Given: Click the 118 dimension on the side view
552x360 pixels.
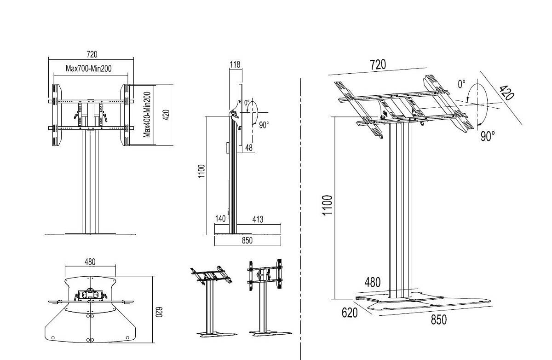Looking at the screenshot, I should pyautogui.click(x=235, y=65).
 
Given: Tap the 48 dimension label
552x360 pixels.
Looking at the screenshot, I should pyautogui.click(x=249, y=147).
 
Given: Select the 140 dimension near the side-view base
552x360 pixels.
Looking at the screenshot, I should pyautogui.click(x=221, y=219).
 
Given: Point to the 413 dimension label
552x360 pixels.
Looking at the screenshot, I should pyautogui.click(x=258, y=219).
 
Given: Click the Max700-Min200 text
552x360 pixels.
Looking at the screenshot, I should pyautogui.click(x=89, y=69).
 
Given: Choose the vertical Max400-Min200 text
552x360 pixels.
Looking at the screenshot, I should pyautogui.click(x=147, y=114).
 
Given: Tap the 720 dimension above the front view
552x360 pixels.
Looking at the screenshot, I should pyautogui.click(x=92, y=55).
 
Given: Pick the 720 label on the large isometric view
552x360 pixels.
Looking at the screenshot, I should pyautogui.click(x=378, y=64).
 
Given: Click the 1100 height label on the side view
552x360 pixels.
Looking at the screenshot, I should pyautogui.click(x=201, y=173).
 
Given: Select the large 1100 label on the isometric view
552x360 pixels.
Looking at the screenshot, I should pyautogui.click(x=327, y=205).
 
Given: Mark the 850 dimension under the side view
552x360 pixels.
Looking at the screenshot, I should pyautogui.click(x=247, y=240).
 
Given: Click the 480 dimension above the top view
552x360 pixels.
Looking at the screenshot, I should pyautogui.click(x=90, y=261).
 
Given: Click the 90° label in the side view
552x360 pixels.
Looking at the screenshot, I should pyautogui.click(x=264, y=125).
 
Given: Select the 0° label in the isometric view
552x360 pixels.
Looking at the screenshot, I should pyautogui.click(x=462, y=84).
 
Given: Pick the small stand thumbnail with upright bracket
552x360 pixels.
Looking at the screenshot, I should pyautogui.click(x=265, y=298).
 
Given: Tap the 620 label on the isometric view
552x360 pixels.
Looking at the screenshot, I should pyautogui.click(x=350, y=313).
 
